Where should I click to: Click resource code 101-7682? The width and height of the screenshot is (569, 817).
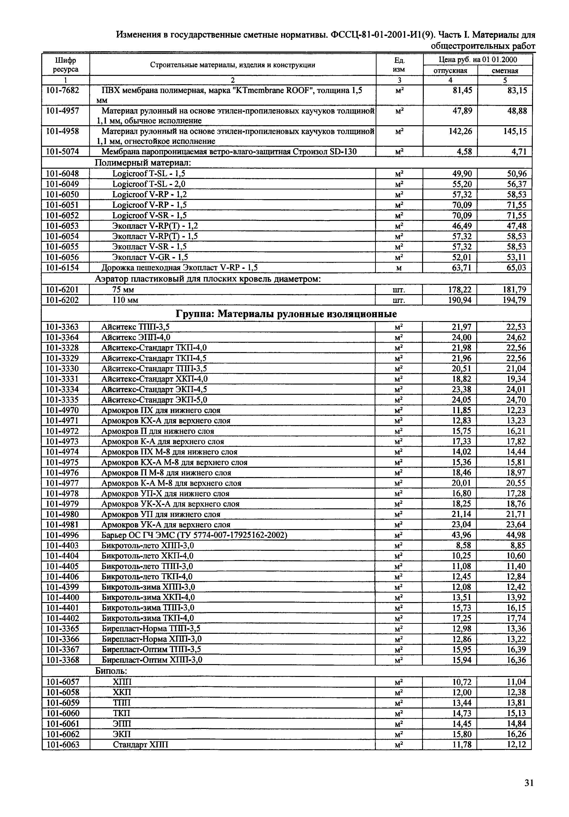pyautogui.click(x=63, y=90)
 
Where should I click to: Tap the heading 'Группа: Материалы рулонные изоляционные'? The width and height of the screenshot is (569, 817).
pyautogui.click(x=286, y=314)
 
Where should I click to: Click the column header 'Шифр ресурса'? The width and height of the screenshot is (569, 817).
pyautogui.click(x=66, y=65)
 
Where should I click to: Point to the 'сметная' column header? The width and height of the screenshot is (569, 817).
pyautogui.click(x=505, y=70)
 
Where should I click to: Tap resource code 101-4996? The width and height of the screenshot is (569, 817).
pyautogui.click(x=63, y=535)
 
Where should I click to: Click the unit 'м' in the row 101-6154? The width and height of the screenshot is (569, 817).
pyautogui.click(x=399, y=268)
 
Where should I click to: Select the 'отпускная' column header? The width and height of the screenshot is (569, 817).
pyautogui.click(x=450, y=70)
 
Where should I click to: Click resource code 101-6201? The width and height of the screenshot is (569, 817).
pyautogui.click(x=63, y=290)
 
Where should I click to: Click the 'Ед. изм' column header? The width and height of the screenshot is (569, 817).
pyautogui.click(x=399, y=65)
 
